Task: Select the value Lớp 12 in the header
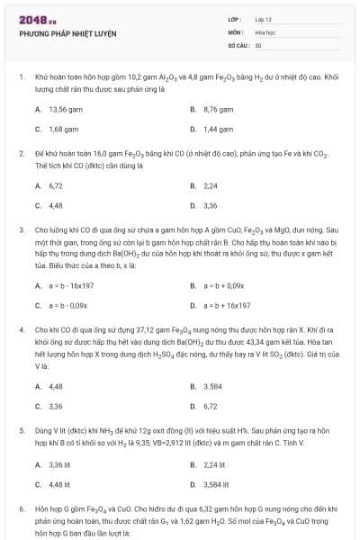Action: [x=264, y=19]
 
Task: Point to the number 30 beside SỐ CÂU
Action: [x=258, y=44]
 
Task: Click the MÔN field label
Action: [x=235, y=31]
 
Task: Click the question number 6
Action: [x=22, y=508]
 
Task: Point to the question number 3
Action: [x=22, y=229]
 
